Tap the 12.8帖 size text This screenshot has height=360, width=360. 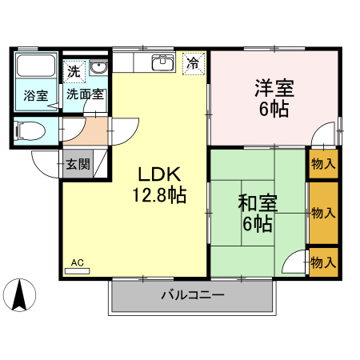click(x=160, y=194)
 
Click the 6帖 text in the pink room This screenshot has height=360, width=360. click(x=273, y=110)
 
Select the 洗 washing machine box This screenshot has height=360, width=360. click(x=74, y=70)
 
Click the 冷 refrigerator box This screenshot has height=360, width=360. click(x=193, y=62)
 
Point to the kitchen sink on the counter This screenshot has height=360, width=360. click(x=163, y=62)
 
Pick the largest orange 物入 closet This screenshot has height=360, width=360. click(x=323, y=213)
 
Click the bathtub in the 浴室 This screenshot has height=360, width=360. click(x=34, y=69)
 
